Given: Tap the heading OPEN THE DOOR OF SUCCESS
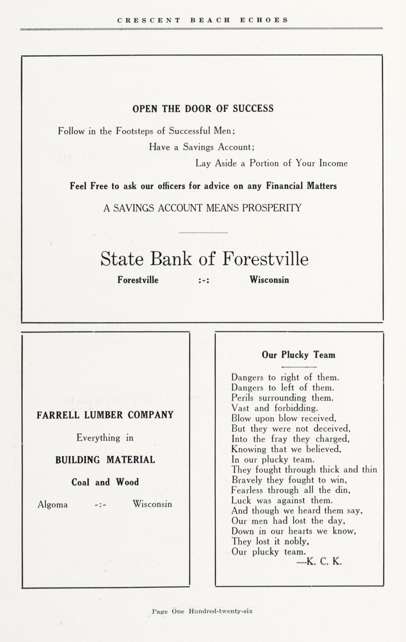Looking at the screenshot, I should (x=203, y=109).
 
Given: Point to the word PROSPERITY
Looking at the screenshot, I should (x=272, y=208).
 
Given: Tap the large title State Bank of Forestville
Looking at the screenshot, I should (x=204, y=259).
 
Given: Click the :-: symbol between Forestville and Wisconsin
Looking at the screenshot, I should (x=204, y=280).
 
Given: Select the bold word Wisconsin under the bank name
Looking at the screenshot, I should (x=269, y=280).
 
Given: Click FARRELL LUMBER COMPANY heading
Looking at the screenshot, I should (x=105, y=415).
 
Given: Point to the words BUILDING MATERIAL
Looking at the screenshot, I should (x=105, y=460).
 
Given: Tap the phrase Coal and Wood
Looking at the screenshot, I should (x=105, y=482).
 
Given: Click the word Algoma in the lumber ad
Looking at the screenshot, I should (x=53, y=504).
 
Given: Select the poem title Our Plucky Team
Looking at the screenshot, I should (x=298, y=355).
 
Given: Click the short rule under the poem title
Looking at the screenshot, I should (x=299, y=367).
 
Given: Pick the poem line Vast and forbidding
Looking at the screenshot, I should (x=274, y=408).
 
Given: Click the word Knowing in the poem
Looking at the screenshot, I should (x=249, y=449).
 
